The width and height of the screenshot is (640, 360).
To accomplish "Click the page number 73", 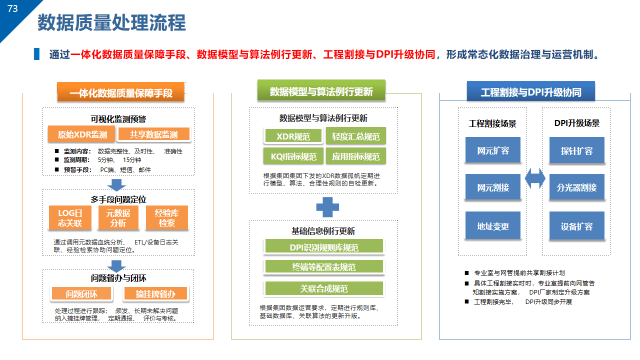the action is [x=12, y=8].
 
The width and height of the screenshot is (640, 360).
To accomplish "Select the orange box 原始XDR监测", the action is [x=81, y=134].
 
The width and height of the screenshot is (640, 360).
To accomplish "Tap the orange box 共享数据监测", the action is [x=154, y=134].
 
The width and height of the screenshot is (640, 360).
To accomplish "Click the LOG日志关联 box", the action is [x=70, y=217].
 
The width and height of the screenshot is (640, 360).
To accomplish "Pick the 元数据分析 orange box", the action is [x=118, y=217].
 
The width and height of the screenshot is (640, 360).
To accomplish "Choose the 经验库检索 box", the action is [x=167, y=217].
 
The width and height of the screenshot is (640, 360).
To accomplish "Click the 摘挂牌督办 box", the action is [x=155, y=293].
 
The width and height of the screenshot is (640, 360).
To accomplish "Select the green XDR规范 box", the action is [x=293, y=136].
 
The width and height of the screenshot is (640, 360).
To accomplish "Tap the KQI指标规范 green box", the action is [x=293, y=156].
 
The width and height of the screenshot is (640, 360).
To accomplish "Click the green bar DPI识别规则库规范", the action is [x=324, y=246].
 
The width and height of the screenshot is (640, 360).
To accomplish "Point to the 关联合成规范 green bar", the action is [x=324, y=288].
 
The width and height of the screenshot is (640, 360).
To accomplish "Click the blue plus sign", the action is [x=327, y=207].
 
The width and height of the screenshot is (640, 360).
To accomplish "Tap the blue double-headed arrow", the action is [x=535, y=178].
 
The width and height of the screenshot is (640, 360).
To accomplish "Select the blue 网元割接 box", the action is [x=493, y=187].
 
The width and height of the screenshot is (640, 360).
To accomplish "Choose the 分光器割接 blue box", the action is [x=577, y=187].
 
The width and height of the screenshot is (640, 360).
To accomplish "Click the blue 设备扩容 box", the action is [x=577, y=225].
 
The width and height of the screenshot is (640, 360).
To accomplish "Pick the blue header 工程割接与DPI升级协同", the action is [x=531, y=91].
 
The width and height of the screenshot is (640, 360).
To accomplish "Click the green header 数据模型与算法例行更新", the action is [x=321, y=90].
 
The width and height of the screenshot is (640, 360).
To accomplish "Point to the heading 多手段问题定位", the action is [x=118, y=199].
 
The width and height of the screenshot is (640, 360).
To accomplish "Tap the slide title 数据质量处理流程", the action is [x=111, y=22].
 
